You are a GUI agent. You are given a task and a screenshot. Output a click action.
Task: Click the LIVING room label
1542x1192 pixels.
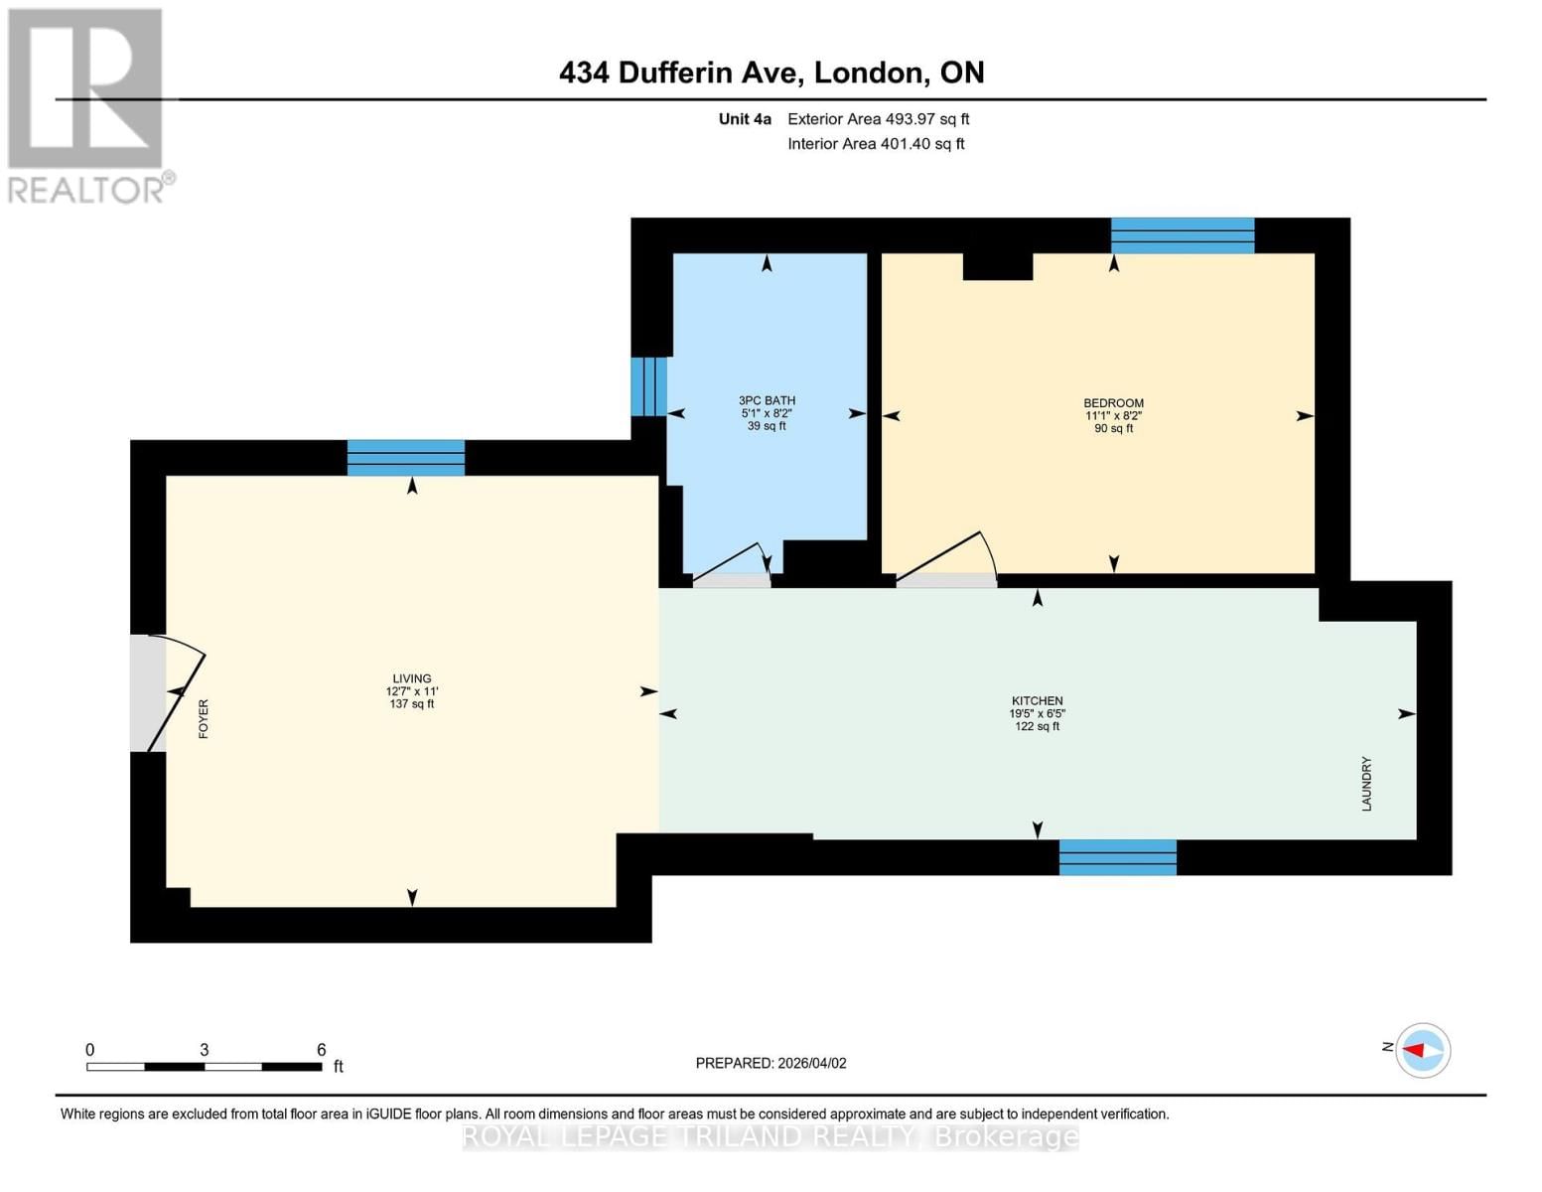tap(411, 679)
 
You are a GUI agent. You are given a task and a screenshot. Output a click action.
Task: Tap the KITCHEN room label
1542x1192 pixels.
tap(1037, 701)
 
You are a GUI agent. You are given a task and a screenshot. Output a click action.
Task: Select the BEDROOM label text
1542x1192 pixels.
tap(1113, 403)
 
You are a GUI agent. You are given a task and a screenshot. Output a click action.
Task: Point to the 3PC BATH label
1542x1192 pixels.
tap(767, 401)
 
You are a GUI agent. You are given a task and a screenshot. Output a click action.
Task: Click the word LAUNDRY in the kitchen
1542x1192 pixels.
tap(1366, 784)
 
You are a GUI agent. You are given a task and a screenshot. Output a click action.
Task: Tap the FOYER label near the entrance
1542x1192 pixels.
tap(204, 718)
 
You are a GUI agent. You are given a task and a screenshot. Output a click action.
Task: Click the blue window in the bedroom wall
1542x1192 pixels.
tap(1182, 235)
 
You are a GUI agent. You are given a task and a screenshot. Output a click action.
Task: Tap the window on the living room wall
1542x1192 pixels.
tap(406, 458)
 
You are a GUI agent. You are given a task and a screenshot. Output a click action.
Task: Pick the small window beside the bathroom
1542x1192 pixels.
tap(648, 386)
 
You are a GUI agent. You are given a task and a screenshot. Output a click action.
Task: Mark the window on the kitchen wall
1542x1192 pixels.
tap(1117, 857)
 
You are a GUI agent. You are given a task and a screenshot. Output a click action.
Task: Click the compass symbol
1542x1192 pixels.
tap(1422, 1050)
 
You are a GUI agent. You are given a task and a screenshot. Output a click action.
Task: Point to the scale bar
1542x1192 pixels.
tap(204, 1066)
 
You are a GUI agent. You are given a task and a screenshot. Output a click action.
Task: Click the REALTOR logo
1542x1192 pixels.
tap(87, 104)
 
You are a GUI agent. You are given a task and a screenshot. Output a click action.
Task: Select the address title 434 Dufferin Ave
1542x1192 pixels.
tap(771, 73)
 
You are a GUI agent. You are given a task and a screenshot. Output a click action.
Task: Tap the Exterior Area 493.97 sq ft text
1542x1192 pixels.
tap(878, 119)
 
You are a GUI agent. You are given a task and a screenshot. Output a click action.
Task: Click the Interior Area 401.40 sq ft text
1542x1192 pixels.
tap(876, 144)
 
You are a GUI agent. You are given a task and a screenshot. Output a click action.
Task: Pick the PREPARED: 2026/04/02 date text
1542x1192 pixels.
tap(771, 1063)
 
